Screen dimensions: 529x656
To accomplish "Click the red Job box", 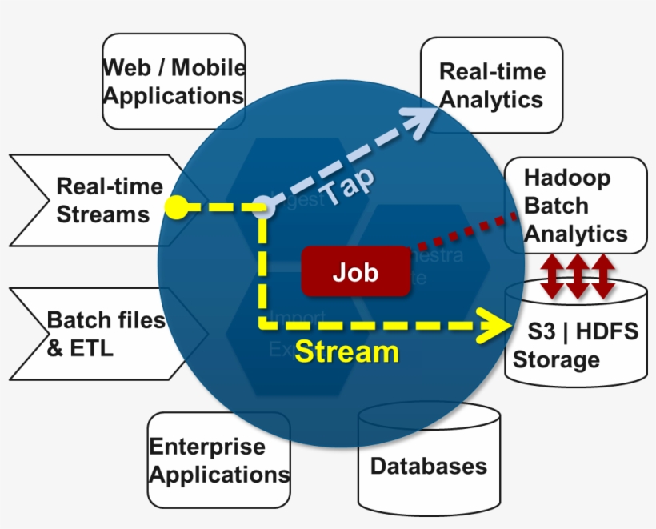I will pos(355,271).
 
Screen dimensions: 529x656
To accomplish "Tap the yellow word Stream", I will pos(346,351).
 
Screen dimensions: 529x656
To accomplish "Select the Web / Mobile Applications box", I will pos(174,81).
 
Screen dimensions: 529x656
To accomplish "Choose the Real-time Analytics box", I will pos(491,85).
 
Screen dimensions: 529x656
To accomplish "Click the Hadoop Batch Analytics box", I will pos(574,206).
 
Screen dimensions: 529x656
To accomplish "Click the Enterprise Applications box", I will pos(219,460).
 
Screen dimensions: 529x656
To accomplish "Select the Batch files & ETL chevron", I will pos(104,334).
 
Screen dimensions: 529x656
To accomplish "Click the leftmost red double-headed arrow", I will pos(551,276).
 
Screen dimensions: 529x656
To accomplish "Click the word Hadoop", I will pos(566,178).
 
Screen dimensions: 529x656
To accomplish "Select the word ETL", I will pos(91,348).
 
